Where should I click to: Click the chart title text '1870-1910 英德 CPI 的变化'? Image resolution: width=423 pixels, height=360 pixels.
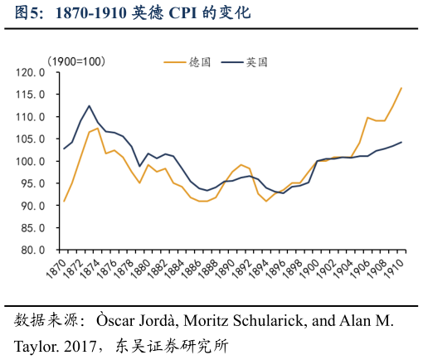(x=158, y=13)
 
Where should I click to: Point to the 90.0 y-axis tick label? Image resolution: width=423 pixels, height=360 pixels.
(x=32, y=206)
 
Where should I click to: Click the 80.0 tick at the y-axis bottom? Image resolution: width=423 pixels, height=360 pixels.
(x=32, y=250)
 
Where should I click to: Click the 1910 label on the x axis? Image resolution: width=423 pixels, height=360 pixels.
(x=401, y=268)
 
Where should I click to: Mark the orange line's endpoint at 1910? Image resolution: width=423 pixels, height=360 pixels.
(x=401, y=88)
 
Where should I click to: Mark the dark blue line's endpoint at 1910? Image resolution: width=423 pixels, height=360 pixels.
(x=401, y=142)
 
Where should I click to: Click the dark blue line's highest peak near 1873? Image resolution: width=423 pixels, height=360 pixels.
(x=90, y=106)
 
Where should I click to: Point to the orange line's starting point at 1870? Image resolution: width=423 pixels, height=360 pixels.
(x=64, y=202)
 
